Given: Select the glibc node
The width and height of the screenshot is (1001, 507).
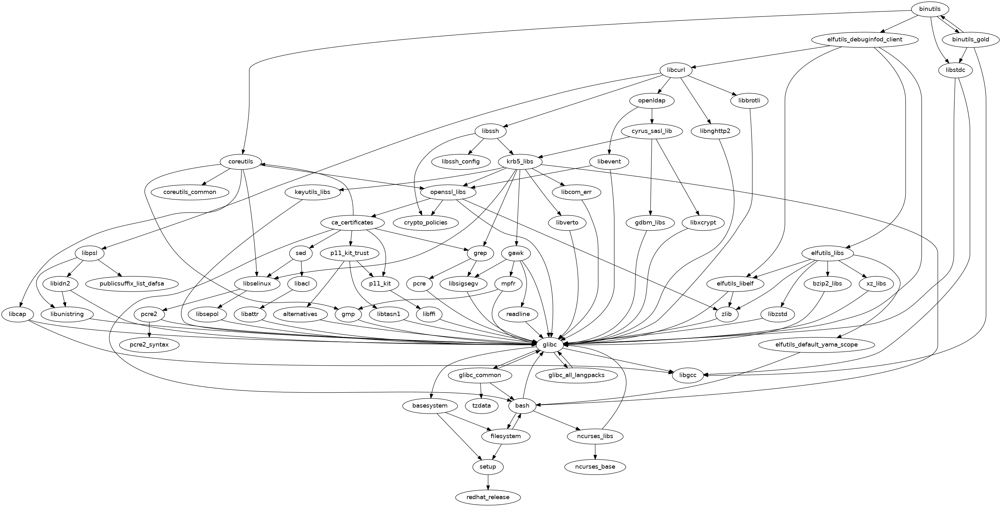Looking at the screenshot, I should point(549,345).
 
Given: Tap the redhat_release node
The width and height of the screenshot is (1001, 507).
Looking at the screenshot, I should point(488,497).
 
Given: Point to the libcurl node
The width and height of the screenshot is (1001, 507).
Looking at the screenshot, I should point(676,70).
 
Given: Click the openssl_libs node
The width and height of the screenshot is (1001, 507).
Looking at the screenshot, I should point(448,192).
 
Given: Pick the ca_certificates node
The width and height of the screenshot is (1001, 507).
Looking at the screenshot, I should point(352,223).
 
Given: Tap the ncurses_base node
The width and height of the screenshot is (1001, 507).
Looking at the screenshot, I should point(595,467).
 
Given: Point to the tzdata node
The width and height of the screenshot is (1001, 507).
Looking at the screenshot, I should point(481,406).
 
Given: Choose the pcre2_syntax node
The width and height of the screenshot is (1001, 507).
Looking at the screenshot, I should point(149,345).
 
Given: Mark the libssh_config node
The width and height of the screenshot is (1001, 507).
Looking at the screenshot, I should point(460,161).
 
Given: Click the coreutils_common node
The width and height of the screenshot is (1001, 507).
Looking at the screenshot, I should point(190,192).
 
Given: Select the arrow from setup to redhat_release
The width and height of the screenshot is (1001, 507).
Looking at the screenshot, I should point(488,481).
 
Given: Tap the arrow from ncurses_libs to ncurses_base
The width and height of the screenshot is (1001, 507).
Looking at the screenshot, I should point(595,451).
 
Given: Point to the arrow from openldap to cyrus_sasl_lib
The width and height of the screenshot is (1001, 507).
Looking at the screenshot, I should point(652,116).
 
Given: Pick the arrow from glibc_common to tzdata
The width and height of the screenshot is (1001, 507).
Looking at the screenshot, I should point(481,390).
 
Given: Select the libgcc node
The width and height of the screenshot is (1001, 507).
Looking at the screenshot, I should point(687,375).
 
